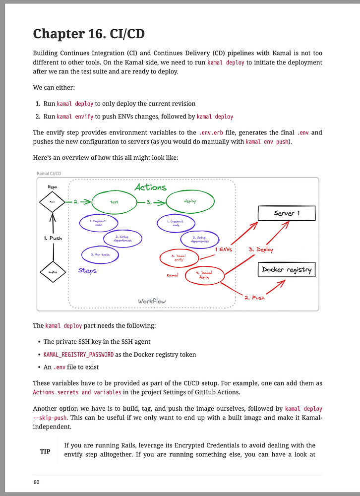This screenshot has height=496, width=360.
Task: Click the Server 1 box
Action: (287, 213)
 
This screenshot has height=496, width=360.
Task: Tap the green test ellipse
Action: (114, 202)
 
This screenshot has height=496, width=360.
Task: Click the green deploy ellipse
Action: (190, 202)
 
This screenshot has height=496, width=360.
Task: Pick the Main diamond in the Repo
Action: (52, 202)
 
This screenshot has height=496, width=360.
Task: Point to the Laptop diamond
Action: (52, 272)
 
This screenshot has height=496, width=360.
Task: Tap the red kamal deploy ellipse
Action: (204, 275)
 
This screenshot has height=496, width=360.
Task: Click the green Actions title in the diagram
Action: (150, 187)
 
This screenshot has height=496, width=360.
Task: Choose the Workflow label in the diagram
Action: (152, 301)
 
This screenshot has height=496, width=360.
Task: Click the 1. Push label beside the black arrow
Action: (53, 238)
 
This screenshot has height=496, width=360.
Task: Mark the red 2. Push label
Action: (254, 298)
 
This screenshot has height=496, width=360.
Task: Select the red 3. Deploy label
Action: (261, 249)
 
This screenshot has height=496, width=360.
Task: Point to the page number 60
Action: (37, 482)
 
